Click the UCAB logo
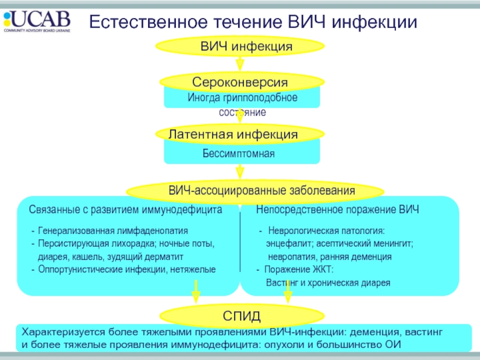(37, 21)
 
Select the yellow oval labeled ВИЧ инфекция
(240, 46)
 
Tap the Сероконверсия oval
(242, 82)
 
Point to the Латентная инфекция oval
(240, 134)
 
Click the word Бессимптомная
(238, 154)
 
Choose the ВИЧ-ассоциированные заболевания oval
(255, 191)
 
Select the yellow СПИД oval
(242, 316)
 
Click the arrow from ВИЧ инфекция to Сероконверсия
(240, 64)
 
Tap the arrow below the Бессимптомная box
(240, 172)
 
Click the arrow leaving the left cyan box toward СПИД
(196, 292)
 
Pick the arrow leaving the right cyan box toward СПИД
(288, 292)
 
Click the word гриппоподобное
(260, 98)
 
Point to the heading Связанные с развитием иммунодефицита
(125, 209)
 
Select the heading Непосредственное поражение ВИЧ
(337, 209)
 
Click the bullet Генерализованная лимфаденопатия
(113, 231)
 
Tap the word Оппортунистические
(80, 269)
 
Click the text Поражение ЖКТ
(299, 269)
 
